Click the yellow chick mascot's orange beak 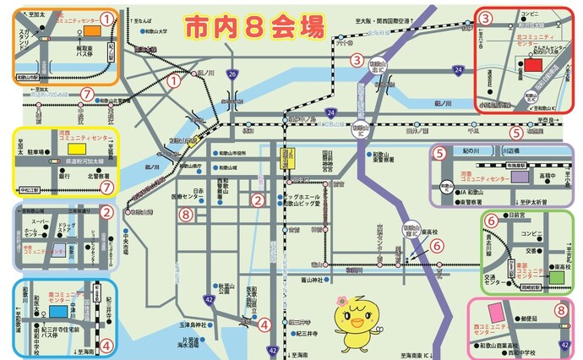point(356,322)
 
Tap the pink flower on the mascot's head point(341,302)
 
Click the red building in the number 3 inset point(533,64)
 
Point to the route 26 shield point(232,75)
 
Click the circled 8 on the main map point(186,215)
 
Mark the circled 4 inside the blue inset point(106,344)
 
